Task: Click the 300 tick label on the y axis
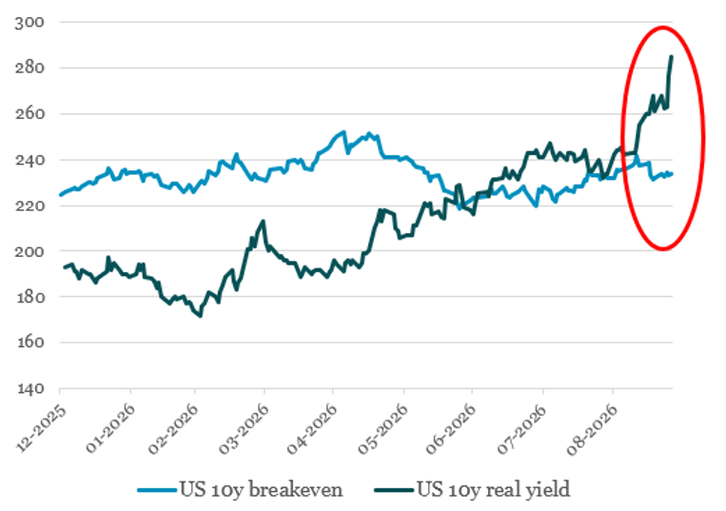29,23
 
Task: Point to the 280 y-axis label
29,69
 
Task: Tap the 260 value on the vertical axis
29,114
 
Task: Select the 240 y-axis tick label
29,160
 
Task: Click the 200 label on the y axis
29,251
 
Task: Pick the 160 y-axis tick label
29,343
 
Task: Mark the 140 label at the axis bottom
29,388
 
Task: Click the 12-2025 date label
42,428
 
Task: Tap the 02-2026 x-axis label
174,428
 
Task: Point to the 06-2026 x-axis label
451,428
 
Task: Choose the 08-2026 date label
593,428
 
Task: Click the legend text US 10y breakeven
262,490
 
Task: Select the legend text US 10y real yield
494,490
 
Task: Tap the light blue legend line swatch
157,490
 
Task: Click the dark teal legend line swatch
394,490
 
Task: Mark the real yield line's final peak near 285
672,56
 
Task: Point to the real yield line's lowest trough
200,316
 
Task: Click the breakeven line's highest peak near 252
343,132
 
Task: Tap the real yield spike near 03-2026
264,222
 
